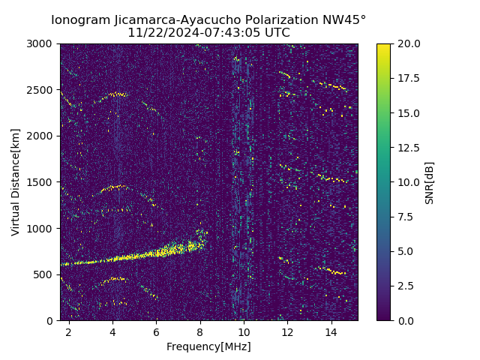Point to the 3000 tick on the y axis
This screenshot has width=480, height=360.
pos(42,43)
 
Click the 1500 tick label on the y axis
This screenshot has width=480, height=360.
pos(42,182)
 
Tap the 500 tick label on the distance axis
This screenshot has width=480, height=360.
pos(45,274)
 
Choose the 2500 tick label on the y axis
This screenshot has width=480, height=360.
pos(42,90)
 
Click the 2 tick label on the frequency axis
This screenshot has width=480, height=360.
pos(69,331)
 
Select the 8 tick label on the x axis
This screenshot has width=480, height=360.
pos(200,331)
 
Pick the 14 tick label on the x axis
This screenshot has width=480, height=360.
pos(331,331)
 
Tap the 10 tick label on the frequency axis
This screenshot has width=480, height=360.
pos(244,331)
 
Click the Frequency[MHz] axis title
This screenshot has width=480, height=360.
pos(208,346)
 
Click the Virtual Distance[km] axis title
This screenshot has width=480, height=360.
pos(16,182)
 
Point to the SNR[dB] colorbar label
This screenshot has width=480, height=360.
pos(430,182)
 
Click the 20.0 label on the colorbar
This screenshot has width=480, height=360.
pos(408,43)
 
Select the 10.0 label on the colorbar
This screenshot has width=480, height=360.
pos(408,182)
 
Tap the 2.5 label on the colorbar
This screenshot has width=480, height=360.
pos(406,286)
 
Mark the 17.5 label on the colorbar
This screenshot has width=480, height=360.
pos(408,78)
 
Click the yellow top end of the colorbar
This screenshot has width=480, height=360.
pos(383,46)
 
